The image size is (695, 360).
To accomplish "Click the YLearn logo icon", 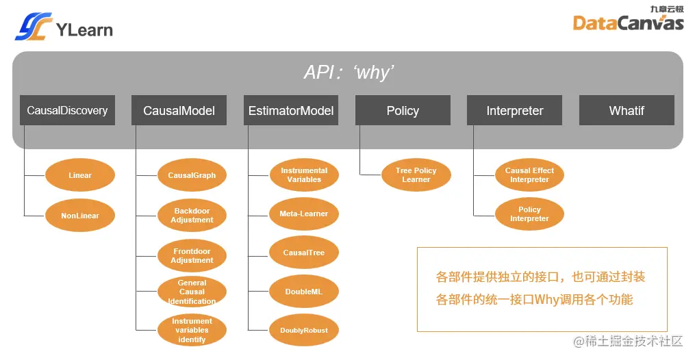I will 34,27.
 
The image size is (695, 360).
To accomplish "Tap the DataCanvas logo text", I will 628,23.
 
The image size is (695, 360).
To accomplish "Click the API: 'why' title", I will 349,73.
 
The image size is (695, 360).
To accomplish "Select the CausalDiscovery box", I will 67,110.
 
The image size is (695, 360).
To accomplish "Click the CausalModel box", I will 179,110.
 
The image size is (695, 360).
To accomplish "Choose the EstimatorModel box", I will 291,110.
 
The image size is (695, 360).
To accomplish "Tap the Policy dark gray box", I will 403,110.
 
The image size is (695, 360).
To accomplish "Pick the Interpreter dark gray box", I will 514,110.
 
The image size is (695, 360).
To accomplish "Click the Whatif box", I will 627,110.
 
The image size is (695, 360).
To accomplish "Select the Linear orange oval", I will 80,175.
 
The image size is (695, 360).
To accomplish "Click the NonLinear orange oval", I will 80,216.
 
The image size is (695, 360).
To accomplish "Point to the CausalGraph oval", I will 192,175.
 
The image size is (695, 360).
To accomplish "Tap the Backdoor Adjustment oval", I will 192,216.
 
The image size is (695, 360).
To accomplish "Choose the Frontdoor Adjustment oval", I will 192,255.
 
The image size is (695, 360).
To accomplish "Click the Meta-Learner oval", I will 304,214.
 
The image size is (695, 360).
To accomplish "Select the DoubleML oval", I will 304,292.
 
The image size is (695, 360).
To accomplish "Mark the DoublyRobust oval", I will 304,331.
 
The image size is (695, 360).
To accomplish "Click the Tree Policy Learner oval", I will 416,175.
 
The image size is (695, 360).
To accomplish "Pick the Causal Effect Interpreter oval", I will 529,175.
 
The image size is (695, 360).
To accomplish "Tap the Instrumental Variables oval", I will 304,175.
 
